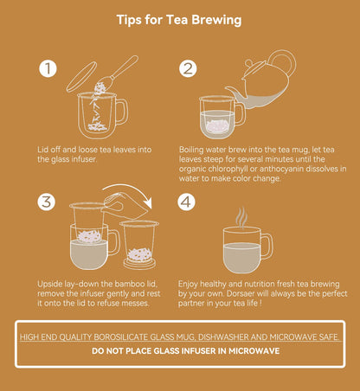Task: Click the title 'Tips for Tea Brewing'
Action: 180,19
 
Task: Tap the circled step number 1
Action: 49,68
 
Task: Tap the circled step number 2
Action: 188,68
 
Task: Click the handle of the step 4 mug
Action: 265,245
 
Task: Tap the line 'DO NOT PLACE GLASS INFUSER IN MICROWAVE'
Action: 180,352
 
